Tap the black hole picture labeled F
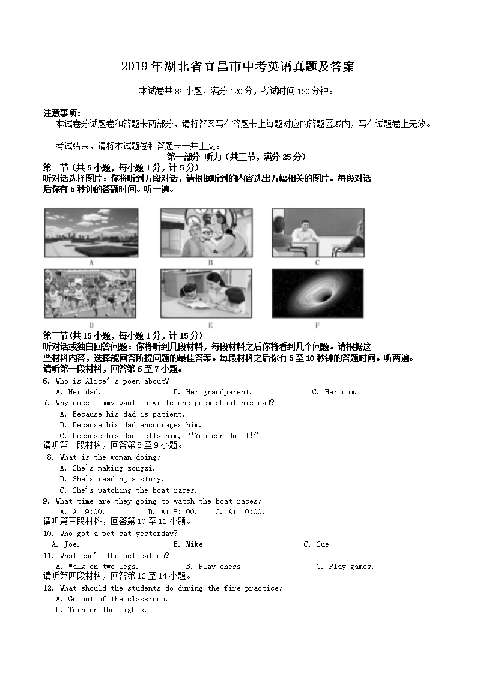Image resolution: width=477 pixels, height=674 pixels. (x=318, y=293)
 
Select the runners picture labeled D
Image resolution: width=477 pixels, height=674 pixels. (x=91, y=293)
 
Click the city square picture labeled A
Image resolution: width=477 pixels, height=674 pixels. (x=91, y=233)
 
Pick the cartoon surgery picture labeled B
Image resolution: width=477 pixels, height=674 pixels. (x=206, y=233)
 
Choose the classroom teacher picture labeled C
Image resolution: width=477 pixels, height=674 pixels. (x=318, y=233)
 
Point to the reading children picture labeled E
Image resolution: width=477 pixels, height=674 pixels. (x=206, y=293)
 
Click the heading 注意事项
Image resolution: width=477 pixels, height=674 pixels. (x=62, y=113)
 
